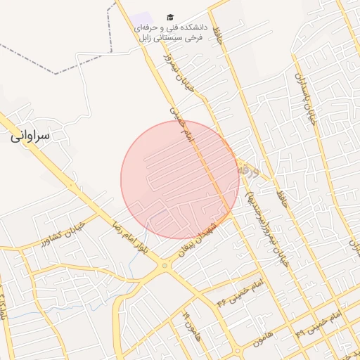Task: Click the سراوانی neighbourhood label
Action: coord(31,136)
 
